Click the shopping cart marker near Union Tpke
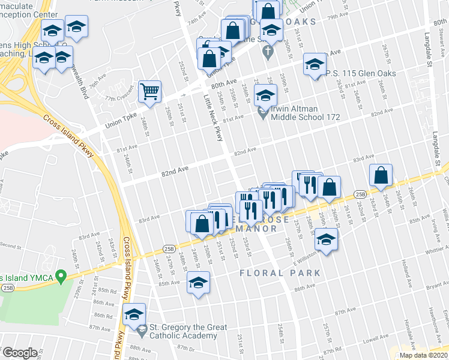point(149,92)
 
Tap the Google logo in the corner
point(19,353)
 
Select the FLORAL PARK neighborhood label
point(280,273)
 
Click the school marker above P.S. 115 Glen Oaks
point(314,64)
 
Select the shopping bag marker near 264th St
point(381,175)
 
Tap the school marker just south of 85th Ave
point(198,283)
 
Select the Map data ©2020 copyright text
point(424,355)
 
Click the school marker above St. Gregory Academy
point(134,314)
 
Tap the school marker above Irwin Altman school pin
point(265,95)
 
